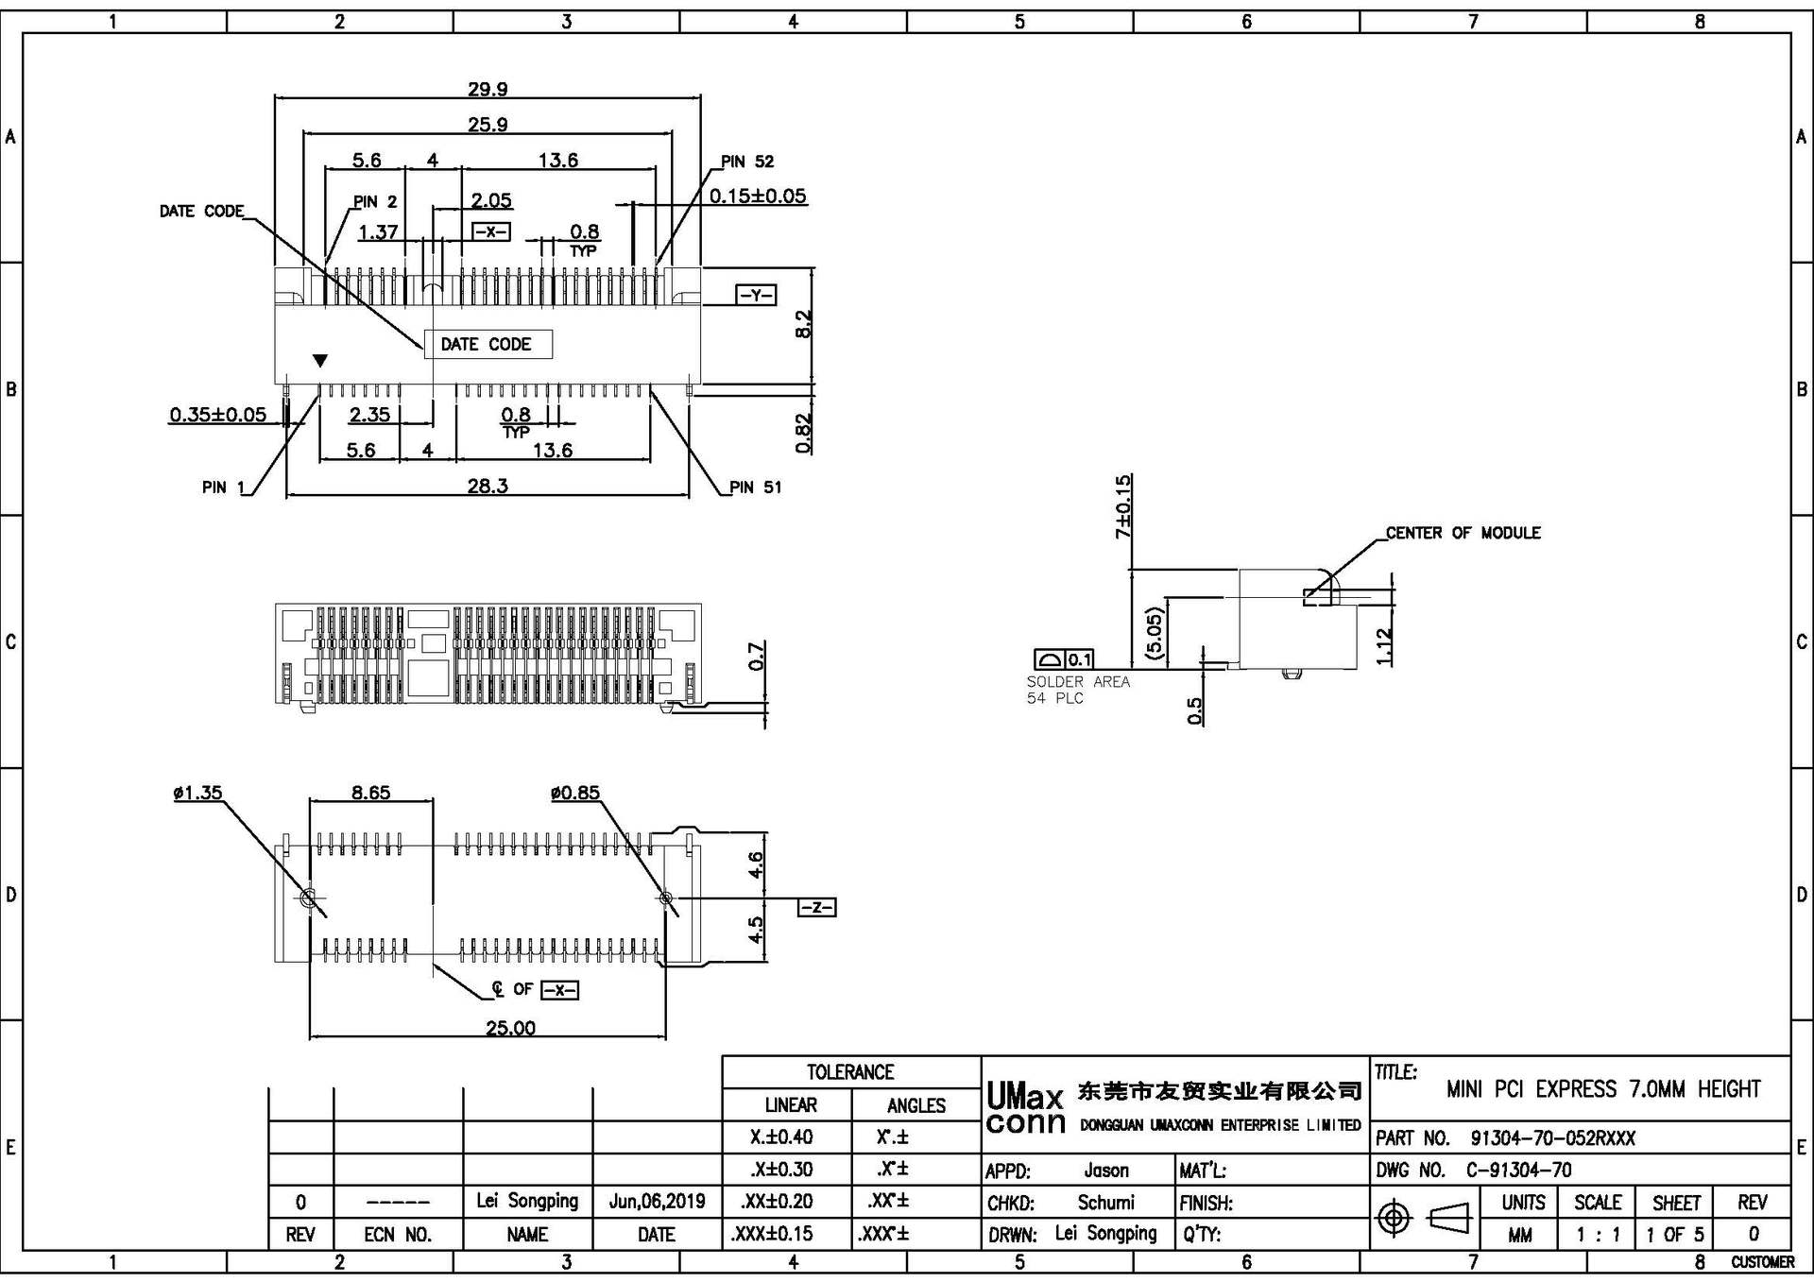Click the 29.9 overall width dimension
[488, 89]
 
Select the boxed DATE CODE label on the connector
[487, 345]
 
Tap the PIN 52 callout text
[746, 162]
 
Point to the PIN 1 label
[223, 487]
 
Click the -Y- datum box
[756, 296]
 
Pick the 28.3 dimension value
[488, 486]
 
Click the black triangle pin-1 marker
[320, 361]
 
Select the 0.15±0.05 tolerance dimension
[758, 197]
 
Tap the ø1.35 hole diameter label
[197, 793]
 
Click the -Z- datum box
[816, 908]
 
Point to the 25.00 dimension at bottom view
[510, 1028]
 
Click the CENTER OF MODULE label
[1463, 533]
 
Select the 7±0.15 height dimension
[1122, 507]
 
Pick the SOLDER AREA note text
[1078, 682]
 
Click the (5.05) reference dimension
[1154, 633]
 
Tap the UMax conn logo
[1025, 1109]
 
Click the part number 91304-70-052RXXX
[1552, 1138]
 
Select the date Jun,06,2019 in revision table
[657, 1202]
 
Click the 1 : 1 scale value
[1598, 1235]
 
